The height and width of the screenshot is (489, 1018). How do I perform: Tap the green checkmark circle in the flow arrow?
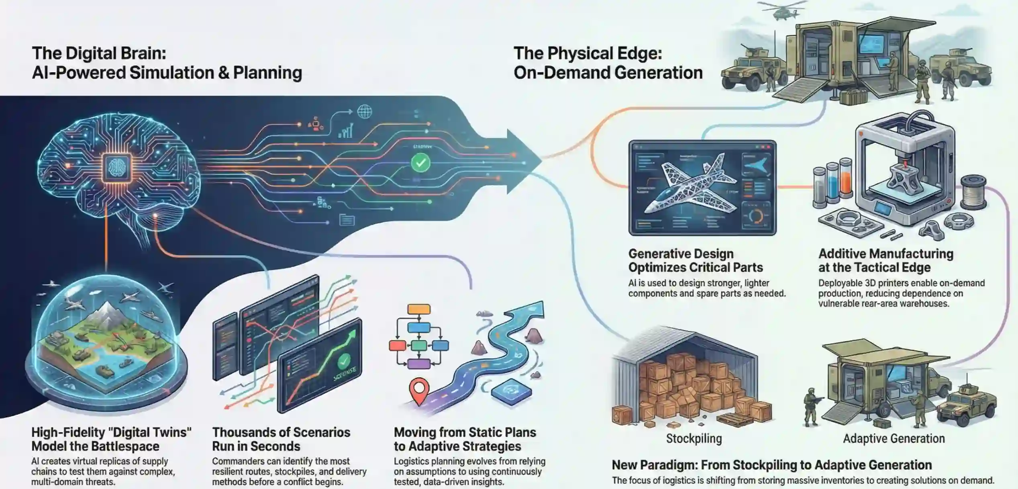tap(420, 163)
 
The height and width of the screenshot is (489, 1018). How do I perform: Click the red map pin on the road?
tap(419, 390)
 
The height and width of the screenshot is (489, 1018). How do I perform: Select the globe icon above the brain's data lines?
tap(364, 111)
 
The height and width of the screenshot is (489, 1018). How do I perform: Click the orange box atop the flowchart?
tap(418, 309)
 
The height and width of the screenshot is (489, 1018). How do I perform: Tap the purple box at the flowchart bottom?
tap(418, 364)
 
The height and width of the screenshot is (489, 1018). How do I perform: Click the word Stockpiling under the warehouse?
tap(694, 438)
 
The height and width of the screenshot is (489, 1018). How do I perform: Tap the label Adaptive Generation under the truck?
tap(894, 438)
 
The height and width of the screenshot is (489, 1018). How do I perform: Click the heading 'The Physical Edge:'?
tap(588, 53)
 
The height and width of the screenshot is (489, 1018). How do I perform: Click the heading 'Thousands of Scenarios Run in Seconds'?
tap(281, 439)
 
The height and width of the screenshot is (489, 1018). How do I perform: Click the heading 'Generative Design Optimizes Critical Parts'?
tap(695, 260)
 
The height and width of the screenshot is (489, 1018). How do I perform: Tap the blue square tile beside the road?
tap(511, 392)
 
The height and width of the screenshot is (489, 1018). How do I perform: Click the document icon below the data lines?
tap(347, 220)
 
